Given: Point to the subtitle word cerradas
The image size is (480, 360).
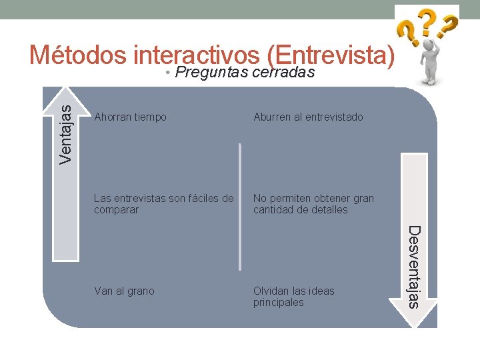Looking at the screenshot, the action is click(x=283, y=73).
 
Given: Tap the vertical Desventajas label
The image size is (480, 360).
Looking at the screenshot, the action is click(x=414, y=267).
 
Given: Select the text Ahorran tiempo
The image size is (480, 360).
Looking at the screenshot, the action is click(x=131, y=117).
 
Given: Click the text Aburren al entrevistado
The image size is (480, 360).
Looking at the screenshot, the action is click(x=308, y=117).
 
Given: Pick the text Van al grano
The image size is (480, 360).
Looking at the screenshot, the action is click(x=125, y=291).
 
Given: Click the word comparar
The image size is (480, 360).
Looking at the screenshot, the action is click(x=117, y=210).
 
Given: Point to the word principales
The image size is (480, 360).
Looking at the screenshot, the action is click(x=279, y=303).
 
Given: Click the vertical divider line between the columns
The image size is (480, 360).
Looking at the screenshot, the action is click(x=240, y=207).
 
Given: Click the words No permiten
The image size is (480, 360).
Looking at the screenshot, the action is click(x=278, y=198).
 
